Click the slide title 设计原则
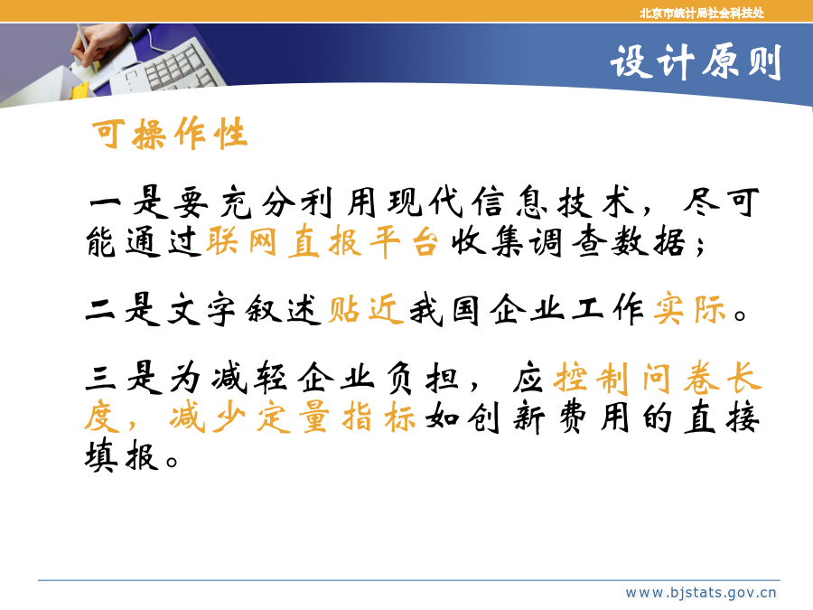(696, 62)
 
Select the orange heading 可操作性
(170, 134)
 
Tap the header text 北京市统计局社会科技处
(702, 13)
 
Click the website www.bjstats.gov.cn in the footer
(700, 592)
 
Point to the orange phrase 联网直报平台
(322, 241)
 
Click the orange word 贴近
(366, 310)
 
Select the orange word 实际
(690, 310)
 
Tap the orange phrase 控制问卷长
(658, 378)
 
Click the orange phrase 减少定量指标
(293, 418)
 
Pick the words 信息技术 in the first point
(554, 202)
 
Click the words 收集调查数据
(568, 241)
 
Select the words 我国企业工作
(528, 310)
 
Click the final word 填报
(121, 456)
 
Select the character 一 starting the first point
(106, 202)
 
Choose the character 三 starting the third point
(100, 378)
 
